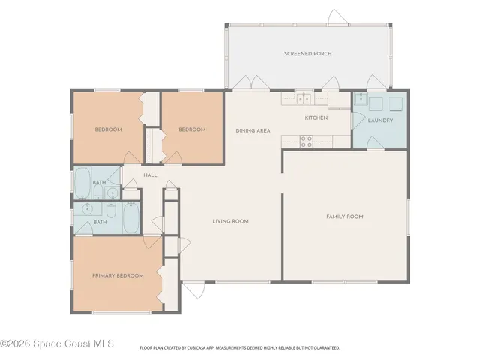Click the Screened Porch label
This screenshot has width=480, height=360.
pos(308,54)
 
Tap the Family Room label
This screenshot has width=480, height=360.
pos(345,217)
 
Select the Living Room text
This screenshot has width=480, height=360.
pos(230,221)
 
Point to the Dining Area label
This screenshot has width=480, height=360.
pos(253,130)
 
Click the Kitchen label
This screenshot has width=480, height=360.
pos(316,118)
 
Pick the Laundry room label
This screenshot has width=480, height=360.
pos(380,121)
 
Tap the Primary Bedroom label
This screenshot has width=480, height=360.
pos(118,275)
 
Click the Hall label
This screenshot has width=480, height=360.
pos(150,175)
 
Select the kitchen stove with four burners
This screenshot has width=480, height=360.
pos(307,142)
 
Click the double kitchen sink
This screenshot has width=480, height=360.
pos(304,98)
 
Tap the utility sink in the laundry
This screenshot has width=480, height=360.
pos(361,98)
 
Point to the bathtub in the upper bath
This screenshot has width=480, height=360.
pos(82,183)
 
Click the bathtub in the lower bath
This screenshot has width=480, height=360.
pos(131,217)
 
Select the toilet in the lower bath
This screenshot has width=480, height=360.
pos(111,210)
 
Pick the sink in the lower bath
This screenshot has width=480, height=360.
pos(88,208)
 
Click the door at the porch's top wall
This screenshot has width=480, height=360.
pos(337,17)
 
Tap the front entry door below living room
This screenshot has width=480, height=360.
pos(193,289)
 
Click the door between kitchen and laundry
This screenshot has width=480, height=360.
pos(358,121)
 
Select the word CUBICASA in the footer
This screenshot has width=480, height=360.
pos(196,348)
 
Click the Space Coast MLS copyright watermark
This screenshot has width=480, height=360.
pos(57,343)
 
